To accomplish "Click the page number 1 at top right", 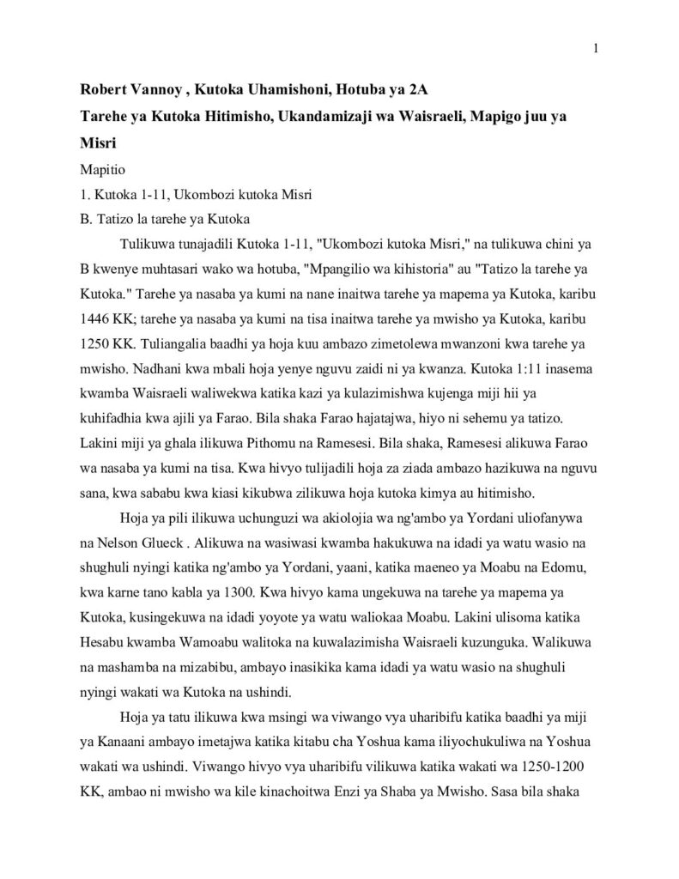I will pyautogui.click(x=595, y=48).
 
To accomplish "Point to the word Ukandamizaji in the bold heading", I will pyautogui.click(x=323, y=116).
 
